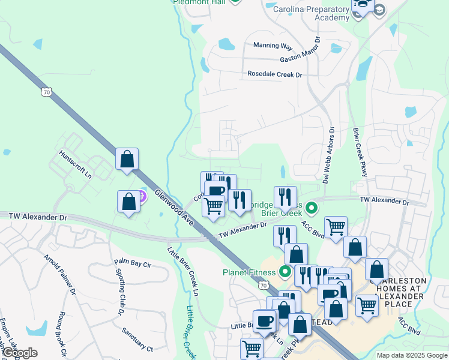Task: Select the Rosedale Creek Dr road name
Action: coord(274,74)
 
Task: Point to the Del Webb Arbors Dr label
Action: coord(331,147)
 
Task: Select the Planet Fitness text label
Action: coord(246,272)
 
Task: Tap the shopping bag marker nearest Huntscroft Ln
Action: coord(127,160)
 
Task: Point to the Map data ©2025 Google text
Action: coord(411,355)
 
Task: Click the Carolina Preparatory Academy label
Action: coord(311,13)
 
